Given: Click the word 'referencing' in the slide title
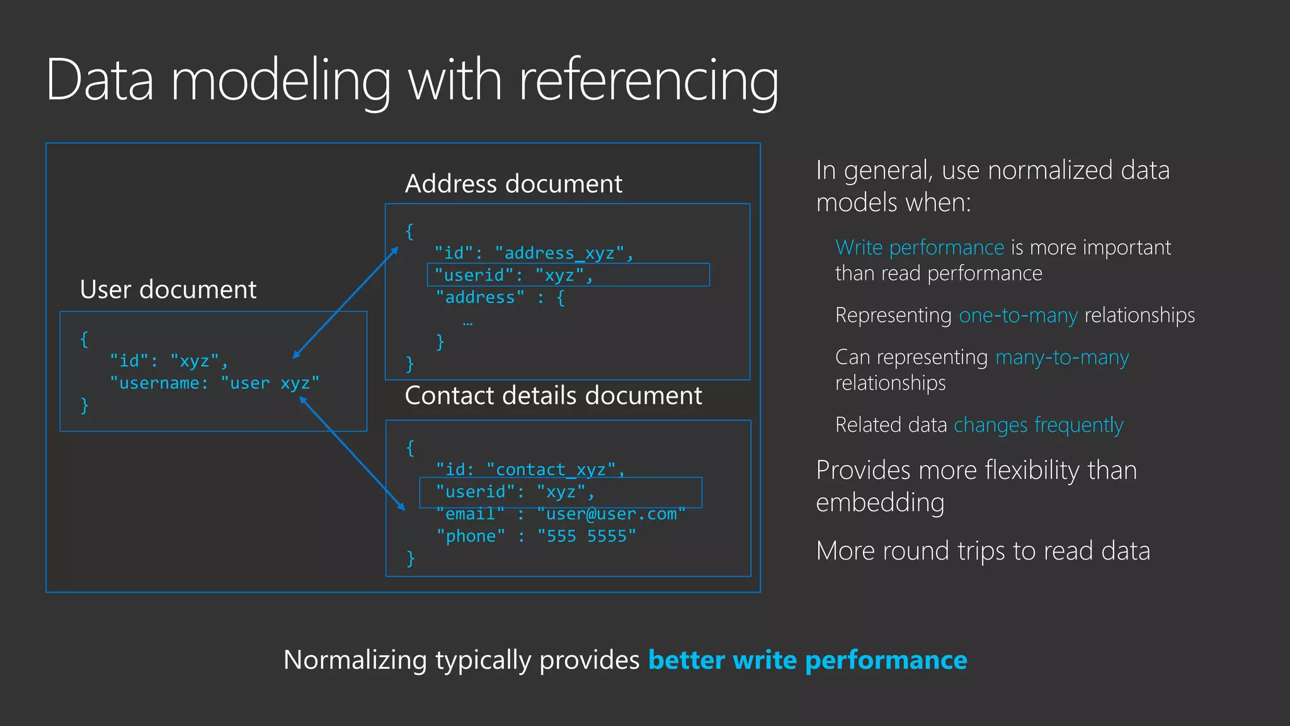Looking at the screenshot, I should [x=648, y=81].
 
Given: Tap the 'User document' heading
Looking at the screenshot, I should [x=168, y=289].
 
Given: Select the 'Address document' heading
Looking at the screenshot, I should [x=513, y=184].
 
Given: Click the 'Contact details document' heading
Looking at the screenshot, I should [x=553, y=396].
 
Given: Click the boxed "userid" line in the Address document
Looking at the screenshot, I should [x=568, y=275].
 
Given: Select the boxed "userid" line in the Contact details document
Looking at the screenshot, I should [x=561, y=492].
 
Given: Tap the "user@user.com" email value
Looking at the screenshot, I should [x=611, y=514].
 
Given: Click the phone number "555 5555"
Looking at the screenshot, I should [x=586, y=536].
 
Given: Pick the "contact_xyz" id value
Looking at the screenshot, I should [x=551, y=470].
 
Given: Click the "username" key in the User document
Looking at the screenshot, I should [x=159, y=383].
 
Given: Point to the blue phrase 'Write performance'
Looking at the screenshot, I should [x=919, y=248].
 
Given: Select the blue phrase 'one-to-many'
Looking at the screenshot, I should [x=1018, y=315].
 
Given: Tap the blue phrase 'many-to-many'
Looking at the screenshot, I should [x=1062, y=357].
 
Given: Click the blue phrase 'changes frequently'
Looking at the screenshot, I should [x=1038, y=425].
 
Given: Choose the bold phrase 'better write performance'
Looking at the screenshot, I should [x=808, y=660].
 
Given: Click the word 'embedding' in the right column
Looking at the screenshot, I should [x=880, y=503].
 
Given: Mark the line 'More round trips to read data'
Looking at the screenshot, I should [x=983, y=551].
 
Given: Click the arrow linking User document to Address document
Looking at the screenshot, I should [x=346, y=302].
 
